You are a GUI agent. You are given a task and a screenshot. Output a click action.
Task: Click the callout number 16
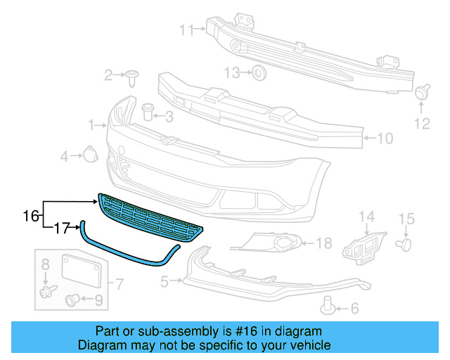31,215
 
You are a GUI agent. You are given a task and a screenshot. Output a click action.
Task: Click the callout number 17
63,228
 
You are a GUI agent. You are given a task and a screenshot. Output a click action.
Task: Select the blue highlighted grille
151,219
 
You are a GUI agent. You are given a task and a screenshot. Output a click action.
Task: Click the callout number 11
186,30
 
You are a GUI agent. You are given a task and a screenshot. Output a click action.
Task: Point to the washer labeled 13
258,72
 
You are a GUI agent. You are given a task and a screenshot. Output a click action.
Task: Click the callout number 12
421,124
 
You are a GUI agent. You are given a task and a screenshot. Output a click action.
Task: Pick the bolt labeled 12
423,92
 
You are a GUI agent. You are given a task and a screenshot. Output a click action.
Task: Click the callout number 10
385,139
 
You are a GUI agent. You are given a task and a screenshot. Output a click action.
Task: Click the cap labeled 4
90,153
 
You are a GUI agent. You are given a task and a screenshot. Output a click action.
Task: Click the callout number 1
92,124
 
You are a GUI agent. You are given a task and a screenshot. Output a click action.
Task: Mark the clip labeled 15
404,244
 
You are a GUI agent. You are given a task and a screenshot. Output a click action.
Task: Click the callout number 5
165,283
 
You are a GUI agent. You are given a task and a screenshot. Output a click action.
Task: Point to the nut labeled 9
72,301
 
